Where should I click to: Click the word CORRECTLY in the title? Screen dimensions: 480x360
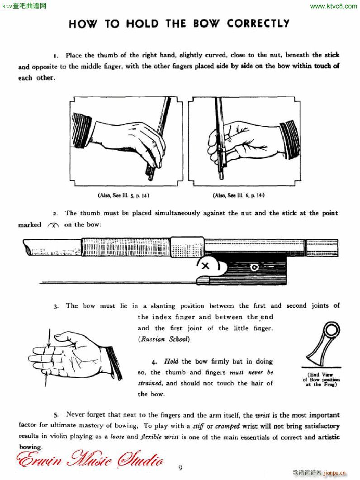click(x=258, y=24)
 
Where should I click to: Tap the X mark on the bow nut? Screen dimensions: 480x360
click(x=205, y=266)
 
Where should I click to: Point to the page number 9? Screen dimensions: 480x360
click(x=180, y=468)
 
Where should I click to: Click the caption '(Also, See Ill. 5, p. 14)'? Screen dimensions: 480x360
click(x=123, y=195)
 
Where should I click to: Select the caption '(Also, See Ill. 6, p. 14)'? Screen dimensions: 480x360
click(x=238, y=195)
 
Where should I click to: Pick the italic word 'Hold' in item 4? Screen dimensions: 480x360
click(x=171, y=361)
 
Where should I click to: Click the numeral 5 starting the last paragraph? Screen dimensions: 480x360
click(x=56, y=414)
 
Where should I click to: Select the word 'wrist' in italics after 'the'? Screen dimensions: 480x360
click(x=263, y=415)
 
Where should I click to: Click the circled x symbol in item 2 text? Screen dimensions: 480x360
click(x=53, y=225)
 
